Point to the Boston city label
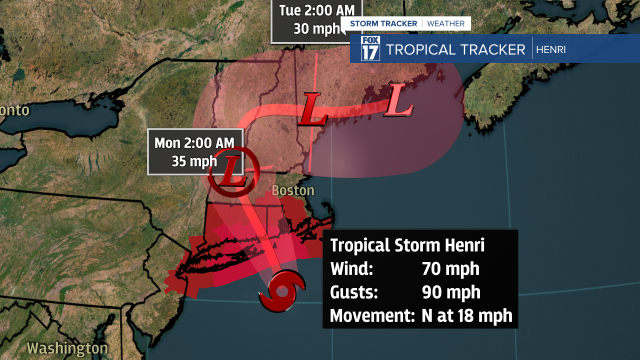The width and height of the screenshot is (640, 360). (x=293, y=190)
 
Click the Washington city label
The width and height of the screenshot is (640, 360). (x=67, y=348)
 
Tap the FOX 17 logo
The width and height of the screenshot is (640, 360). (x=370, y=48)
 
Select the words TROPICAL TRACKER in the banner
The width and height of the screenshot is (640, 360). (x=455, y=49)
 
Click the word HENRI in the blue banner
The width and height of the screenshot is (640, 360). (x=550, y=49)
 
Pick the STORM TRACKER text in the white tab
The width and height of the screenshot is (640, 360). (x=383, y=23)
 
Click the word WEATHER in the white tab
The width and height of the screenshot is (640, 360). (x=446, y=23)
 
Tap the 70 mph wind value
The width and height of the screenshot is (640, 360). (x=450, y=269)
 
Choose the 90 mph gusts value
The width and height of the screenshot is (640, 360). (x=451, y=292)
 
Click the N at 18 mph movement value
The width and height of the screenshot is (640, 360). (x=467, y=315)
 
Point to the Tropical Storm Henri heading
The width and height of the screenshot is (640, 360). (x=407, y=245)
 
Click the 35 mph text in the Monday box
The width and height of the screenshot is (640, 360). (x=194, y=161)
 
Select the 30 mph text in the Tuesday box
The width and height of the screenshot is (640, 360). (x=316, y=28)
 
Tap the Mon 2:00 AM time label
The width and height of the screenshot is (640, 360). (x=194, y=143)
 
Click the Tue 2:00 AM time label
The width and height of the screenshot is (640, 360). (x=317, y=10)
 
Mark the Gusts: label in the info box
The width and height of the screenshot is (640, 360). (x=354, y=292)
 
